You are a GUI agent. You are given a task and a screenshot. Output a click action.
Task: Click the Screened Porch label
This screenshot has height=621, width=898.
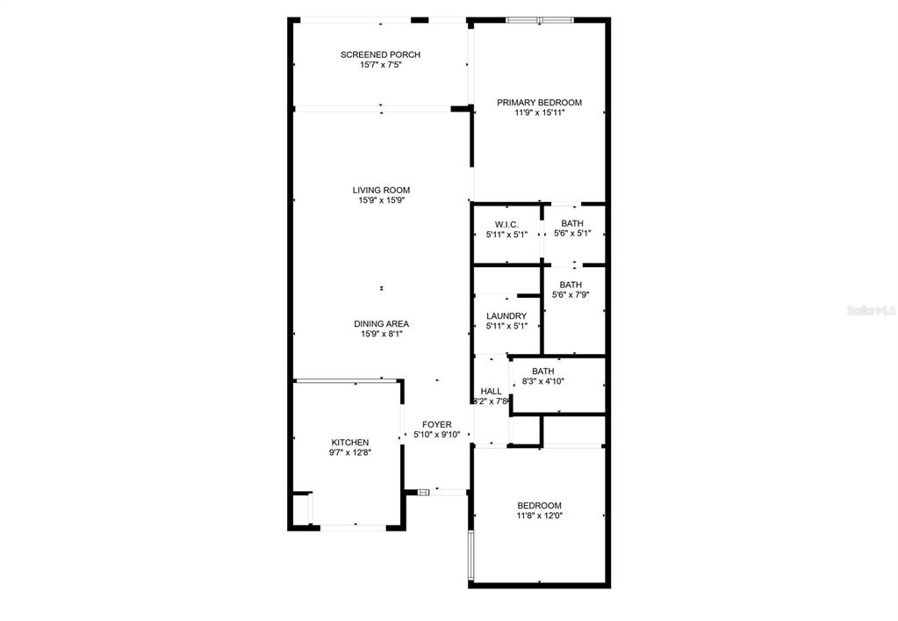click(380, 55)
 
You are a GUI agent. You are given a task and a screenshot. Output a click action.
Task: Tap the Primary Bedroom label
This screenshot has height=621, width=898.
click(540, 103)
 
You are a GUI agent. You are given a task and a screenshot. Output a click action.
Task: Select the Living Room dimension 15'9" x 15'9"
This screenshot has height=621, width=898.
click(382, 200)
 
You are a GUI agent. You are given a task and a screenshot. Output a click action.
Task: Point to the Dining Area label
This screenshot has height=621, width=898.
click(382, 324)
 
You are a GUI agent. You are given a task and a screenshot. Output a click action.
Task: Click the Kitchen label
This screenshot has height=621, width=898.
click(350, 443)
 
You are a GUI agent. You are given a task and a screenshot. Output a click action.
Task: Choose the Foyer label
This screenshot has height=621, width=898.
click(437, 424)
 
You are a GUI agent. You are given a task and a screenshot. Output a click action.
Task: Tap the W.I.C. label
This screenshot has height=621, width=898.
click(506, 225)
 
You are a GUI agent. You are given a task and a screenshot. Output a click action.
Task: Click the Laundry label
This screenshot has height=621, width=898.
click(506, 316)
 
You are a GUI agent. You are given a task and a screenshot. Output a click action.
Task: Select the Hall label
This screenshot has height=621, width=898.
click(492, 391)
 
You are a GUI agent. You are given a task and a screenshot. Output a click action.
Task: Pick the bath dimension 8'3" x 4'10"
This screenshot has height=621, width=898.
click(542, 381)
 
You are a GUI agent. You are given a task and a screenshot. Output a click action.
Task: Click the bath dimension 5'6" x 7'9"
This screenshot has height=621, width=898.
click(571, 295)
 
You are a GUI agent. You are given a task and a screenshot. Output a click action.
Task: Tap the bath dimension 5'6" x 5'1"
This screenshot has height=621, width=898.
click(572, 234)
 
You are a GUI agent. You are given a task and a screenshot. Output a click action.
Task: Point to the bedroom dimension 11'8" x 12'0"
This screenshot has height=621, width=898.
click(540, 516)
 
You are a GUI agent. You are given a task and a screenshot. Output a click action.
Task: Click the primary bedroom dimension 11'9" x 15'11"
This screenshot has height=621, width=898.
click(540, 112)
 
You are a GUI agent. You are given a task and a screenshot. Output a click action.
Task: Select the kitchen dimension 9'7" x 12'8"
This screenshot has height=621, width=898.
click(350, 452)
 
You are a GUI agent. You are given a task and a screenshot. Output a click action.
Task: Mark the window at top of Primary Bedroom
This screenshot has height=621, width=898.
click(540, 20)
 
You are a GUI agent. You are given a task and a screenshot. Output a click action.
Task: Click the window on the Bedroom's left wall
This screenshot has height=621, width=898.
click(471, 554)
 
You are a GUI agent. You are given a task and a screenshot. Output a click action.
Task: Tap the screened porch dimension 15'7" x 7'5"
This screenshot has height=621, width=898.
click(380, 65)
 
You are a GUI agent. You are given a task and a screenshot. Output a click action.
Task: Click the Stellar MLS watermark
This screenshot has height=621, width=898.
click(871, 311)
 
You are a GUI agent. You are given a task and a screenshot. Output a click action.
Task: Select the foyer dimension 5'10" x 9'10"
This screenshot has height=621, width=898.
click(437, 435)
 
